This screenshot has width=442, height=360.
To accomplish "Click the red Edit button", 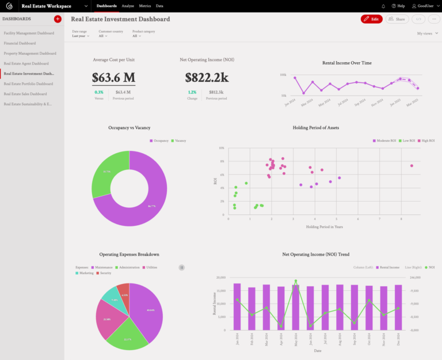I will point(371,19).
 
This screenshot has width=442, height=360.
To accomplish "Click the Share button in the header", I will point(397,19).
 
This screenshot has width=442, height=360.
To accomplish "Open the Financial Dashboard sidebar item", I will point(20,43).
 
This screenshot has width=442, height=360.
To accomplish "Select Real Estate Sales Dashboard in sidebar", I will point(25,94).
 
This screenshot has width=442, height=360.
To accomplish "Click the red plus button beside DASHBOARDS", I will point(58,19).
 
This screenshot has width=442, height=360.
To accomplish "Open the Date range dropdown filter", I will point(81,36).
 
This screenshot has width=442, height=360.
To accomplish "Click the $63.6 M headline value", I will point(113,78).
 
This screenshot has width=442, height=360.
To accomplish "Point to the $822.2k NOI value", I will point(207,78).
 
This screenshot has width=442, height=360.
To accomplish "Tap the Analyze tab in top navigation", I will point(128,6).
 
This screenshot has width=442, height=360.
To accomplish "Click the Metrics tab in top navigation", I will point(145,6).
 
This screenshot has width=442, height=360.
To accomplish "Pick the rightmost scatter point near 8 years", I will point(411,166).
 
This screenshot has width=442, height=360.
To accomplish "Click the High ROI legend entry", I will point(426,141).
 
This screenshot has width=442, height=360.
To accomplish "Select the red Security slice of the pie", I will point(123,292).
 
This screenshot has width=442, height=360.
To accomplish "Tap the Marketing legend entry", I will point(85,273).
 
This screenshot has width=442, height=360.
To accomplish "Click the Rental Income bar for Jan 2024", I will point(237,306).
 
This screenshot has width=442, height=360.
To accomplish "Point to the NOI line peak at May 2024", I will point(296,281).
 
